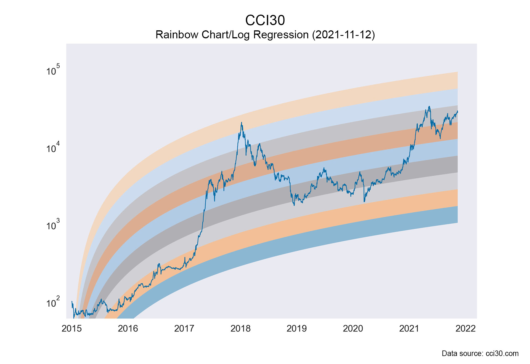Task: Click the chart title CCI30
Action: point(265,20)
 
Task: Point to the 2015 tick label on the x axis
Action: point(72,328)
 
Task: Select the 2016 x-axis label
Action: point(128,328)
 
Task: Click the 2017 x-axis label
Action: point(184,328)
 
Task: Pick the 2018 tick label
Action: point(240,328)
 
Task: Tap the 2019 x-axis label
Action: point(297,328)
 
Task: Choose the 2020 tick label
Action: point(353,328)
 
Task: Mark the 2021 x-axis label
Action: point(409,328)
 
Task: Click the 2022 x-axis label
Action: point(465,328)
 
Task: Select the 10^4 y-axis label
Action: point(53,148)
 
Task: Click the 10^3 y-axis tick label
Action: point(53,225)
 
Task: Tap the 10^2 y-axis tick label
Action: point(53,302)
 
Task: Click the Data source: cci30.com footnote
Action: point(480,354)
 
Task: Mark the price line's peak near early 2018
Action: point(242,123)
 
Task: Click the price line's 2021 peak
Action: point(429,107)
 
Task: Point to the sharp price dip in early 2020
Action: point(364,201)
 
